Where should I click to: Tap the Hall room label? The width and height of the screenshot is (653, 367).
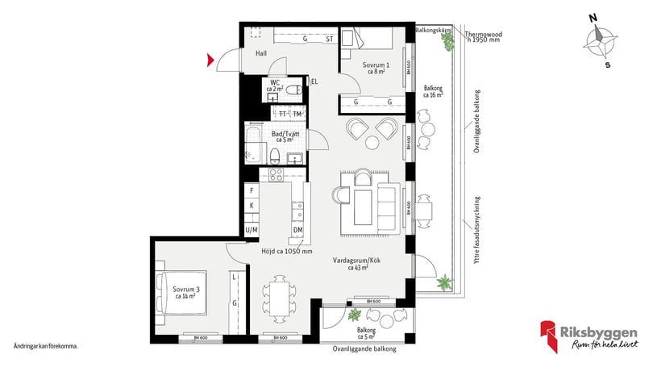point(261,54)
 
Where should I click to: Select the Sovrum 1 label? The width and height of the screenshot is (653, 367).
point(376,68)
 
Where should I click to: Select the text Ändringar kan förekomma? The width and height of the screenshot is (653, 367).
point(46,345)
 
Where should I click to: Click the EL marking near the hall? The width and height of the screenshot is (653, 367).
point(314,81)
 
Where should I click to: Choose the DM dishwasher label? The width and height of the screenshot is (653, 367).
point(297,231)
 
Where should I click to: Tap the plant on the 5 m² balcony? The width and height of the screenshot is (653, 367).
point(353,315)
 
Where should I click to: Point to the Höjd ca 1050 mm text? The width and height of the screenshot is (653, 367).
point(286,251)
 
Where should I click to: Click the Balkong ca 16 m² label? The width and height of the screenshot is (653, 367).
point(433,91)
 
